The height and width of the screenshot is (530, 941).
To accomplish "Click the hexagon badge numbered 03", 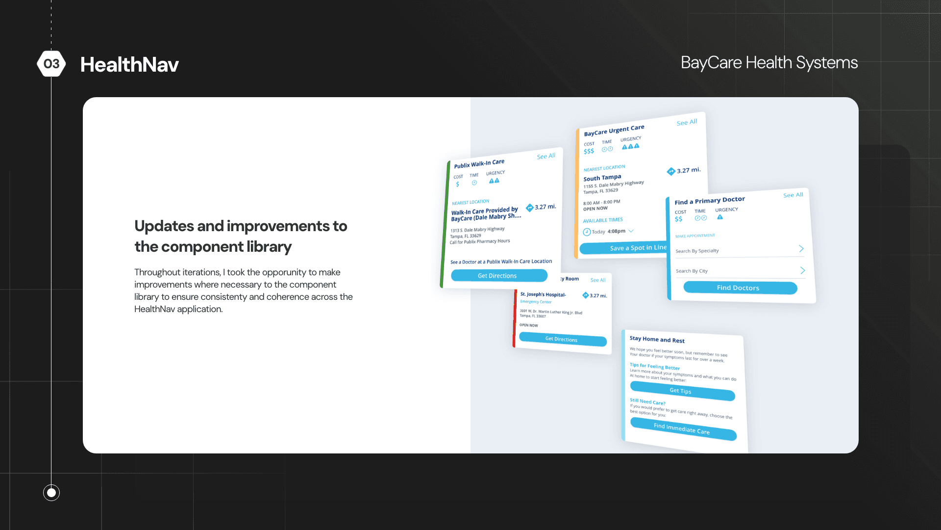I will [x=51, y=64].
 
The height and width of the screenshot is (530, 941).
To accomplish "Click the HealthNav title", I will [x=129, y=65].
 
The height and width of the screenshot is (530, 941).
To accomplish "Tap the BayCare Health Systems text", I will [x=769, y=63].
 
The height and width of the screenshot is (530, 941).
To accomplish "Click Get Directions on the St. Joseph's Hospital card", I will [x=562, y=339].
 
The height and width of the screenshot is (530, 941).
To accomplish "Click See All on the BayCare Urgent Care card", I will [x=687, y=122].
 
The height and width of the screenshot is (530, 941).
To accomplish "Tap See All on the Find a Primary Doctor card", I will [x=793, y=195].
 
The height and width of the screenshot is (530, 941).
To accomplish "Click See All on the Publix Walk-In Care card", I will [x=546, y=156].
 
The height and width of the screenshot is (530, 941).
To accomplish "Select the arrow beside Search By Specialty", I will [x=801, y=249].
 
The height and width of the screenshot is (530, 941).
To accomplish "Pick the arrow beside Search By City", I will [x=802, y=270].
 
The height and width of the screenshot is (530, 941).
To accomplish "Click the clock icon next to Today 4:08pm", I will [x=587, y=232].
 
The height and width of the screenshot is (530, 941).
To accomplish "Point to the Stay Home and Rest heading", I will [x=657, y=339].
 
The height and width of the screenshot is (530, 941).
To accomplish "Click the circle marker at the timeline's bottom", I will [x=51, y=492].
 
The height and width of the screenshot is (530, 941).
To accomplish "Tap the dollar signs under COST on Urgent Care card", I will [x=589, y=151].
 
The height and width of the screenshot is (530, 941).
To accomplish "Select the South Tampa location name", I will [x=602, y=178].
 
